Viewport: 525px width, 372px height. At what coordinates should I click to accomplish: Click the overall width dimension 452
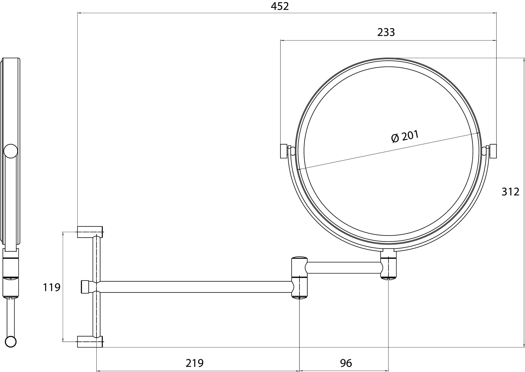[x=280, y=6]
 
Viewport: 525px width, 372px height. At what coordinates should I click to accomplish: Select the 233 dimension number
[x=386, y=33]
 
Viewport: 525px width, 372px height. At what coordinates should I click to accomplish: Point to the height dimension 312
[x=510, y=192]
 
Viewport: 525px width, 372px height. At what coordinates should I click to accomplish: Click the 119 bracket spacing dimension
[x=52, y=287]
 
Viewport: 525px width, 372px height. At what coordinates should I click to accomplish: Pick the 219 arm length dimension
[x=195, y=363]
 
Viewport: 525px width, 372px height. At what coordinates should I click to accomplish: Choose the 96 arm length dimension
[x=346, y=363]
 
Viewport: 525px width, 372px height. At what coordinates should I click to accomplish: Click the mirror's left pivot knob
[x=284, y=151]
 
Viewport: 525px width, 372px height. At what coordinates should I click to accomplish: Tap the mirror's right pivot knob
[x=493, y=151]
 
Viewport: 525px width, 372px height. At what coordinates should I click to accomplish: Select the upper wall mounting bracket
[x=90, y=232]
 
